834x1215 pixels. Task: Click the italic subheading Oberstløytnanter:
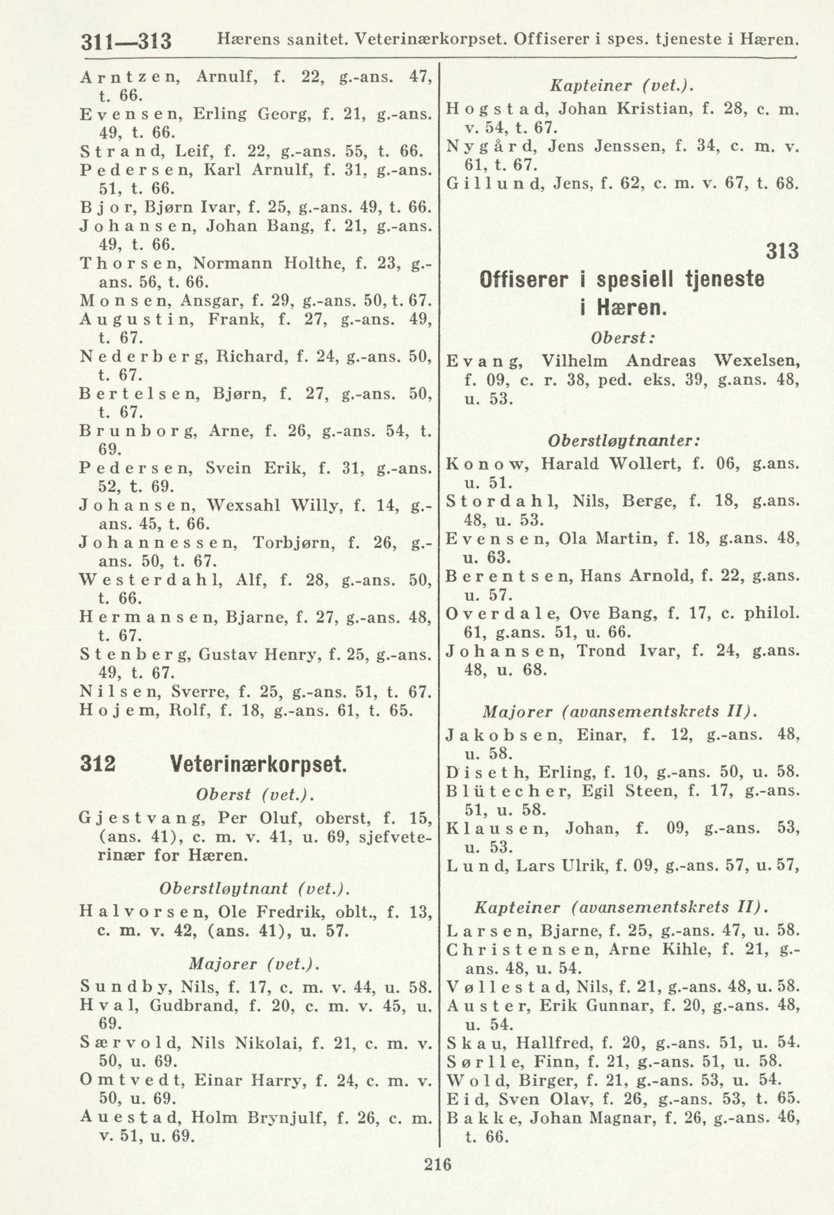coord(623,441)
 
